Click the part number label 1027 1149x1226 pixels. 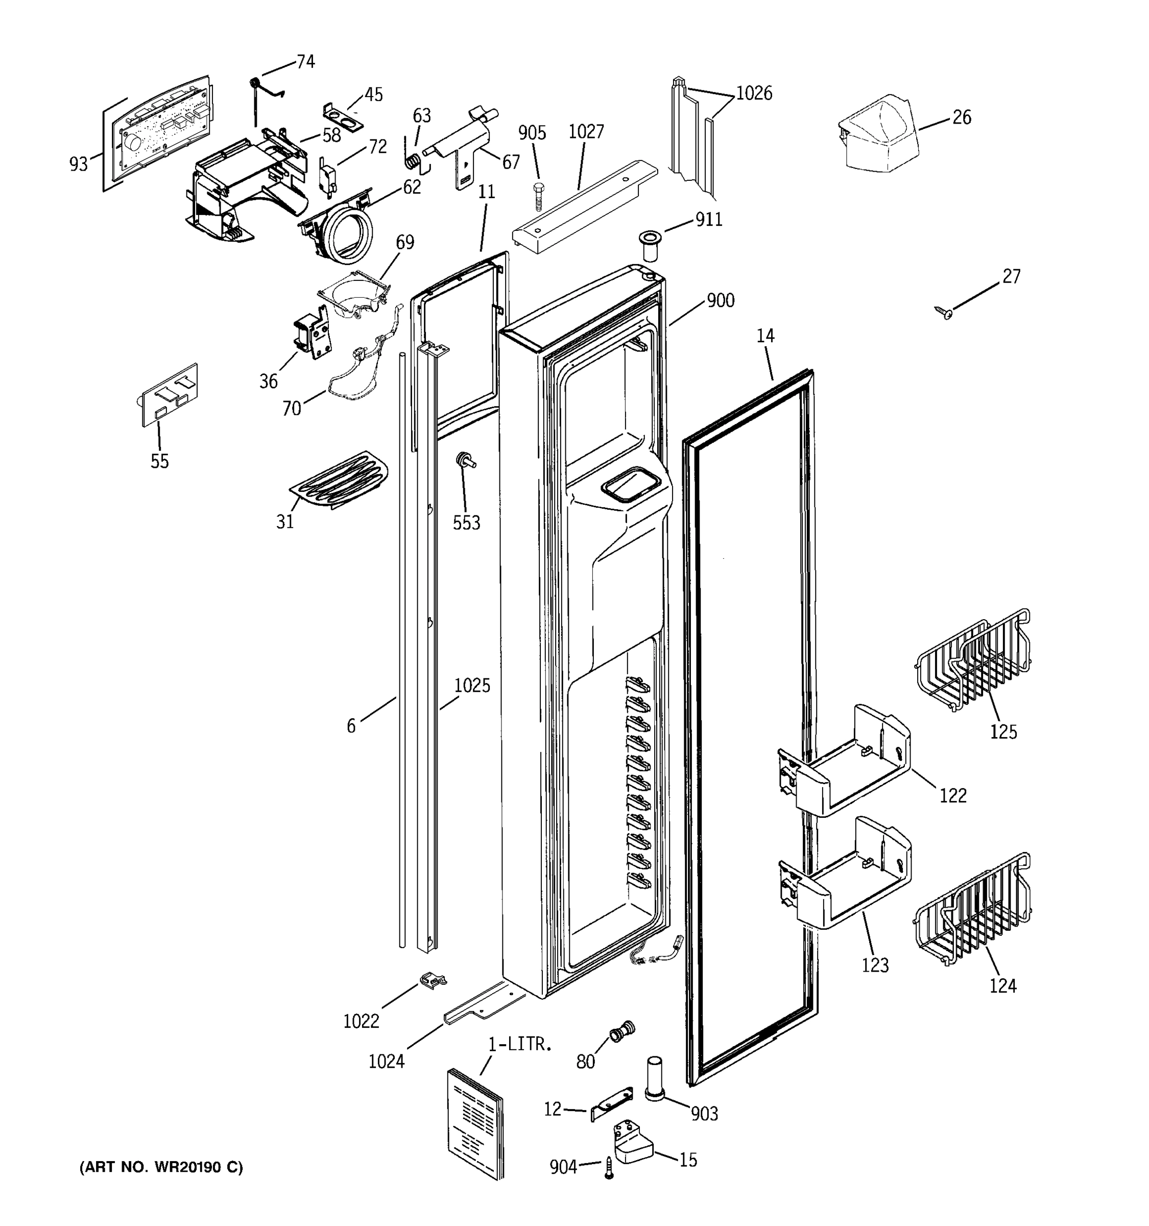tap(586, 132)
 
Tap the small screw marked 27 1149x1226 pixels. tap(943, 313)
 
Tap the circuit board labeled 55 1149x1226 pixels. tap(167, 395)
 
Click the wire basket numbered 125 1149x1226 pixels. tap(973, 663)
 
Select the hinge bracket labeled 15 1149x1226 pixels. tap(632, 1145)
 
